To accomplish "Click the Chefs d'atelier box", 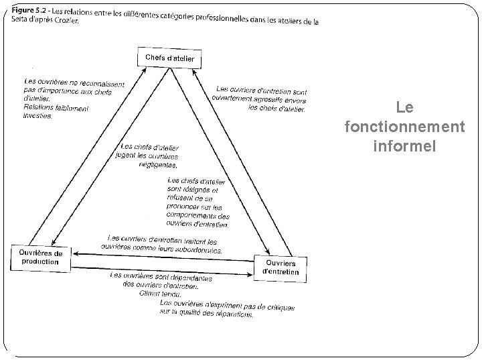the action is coord(170,58).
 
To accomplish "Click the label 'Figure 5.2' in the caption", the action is coord(29,11).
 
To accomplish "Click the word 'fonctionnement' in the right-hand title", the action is coord(403,126).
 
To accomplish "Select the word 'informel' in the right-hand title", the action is coord(404,145).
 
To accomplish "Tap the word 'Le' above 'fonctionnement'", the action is coord(404,107).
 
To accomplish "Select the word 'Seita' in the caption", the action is coord(20,19).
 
